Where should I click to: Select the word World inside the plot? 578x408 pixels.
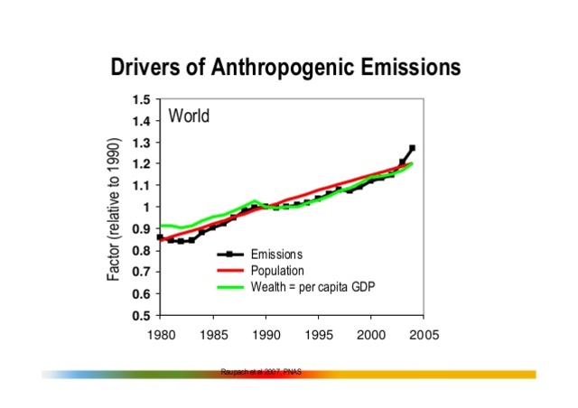(189, 116)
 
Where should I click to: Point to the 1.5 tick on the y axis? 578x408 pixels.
(140, 99)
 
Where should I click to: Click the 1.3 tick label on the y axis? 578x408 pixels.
(140, 143)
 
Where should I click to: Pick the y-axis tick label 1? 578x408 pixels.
(146, 208)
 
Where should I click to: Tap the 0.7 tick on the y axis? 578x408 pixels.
(140, 273)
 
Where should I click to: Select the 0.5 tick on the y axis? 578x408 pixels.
(140, 316)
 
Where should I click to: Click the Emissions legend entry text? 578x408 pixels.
(275, 255)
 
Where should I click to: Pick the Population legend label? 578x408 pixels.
(276, 270)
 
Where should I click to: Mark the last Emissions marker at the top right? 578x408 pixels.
(412, 148)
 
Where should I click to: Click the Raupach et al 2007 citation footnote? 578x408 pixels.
(261, 371)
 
